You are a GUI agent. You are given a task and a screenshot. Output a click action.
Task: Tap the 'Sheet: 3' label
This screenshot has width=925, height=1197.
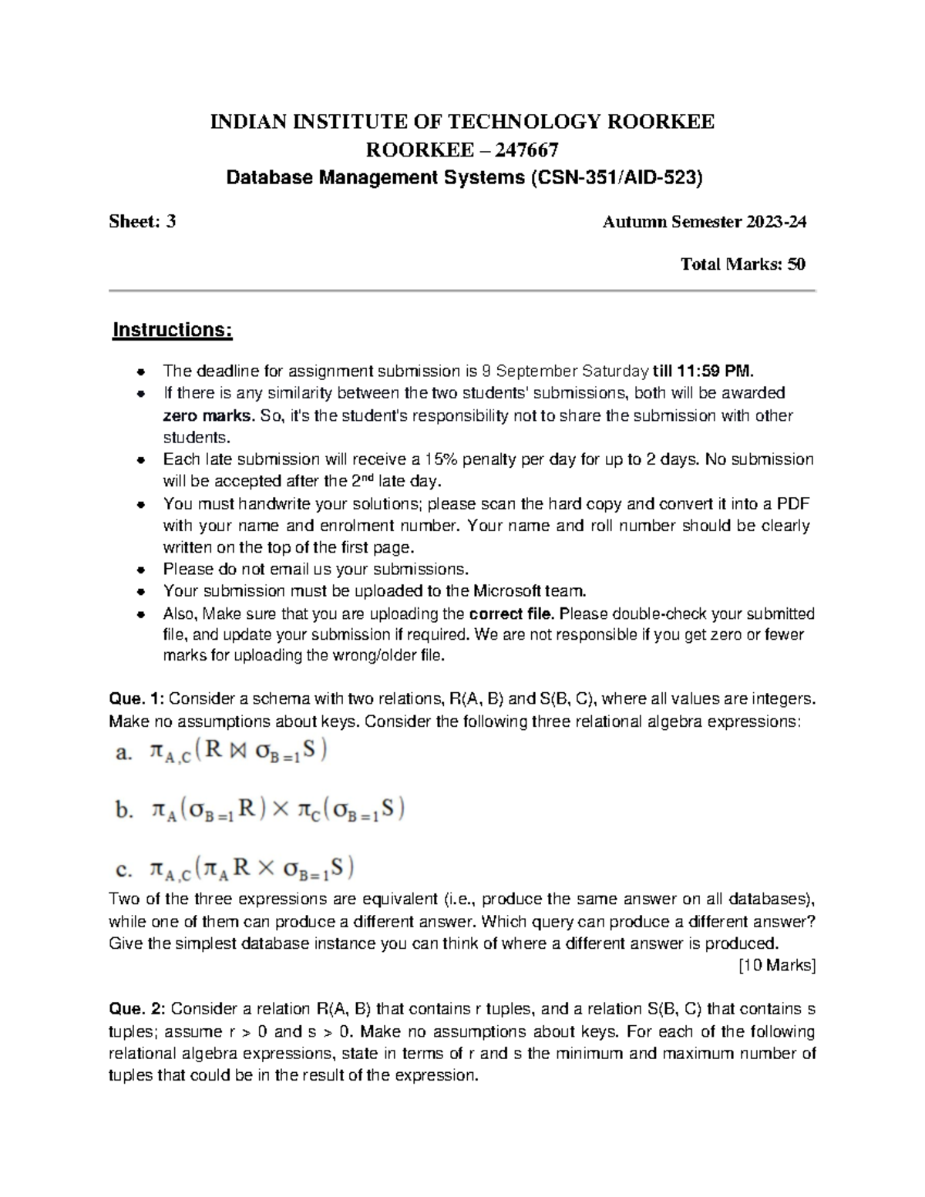[143, 222]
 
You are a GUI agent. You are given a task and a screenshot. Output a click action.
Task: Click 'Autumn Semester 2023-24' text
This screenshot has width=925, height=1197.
[704, 222]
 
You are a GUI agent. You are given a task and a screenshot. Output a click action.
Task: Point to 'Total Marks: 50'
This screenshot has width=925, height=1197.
[742, 264]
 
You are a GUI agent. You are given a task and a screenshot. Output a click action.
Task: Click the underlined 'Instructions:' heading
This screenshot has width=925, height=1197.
[172, 330]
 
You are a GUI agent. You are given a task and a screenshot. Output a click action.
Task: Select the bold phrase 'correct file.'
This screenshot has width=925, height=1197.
[512, 614]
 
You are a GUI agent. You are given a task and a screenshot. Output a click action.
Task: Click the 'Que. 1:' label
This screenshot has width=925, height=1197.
[136, 699]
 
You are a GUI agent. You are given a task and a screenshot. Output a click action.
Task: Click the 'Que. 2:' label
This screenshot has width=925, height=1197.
[136, 1009]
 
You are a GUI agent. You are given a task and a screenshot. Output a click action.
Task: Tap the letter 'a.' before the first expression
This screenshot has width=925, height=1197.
[123, 753]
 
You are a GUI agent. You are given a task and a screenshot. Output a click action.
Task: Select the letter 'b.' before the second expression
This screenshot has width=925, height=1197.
[124, 811]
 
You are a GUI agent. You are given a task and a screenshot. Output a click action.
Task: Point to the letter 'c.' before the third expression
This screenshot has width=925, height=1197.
[123, 870]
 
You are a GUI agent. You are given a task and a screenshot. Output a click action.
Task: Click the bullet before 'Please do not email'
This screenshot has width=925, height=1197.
[140, 570]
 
